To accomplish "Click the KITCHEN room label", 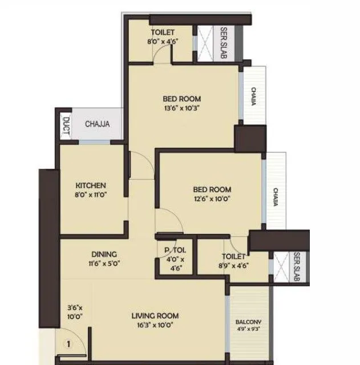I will [x=91, y=185].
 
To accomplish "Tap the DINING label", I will [x=104, y=254].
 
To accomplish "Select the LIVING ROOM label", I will [x=155, y=315].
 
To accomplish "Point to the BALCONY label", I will [x=248, y=322].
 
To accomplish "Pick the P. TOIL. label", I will [x=172, y=250].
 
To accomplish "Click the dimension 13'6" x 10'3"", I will [x=181, y=107].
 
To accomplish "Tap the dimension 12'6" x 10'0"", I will [x=212, y=198].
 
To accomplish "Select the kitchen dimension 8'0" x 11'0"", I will [x=91, y=194].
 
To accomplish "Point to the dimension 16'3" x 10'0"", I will [x=155, y=325].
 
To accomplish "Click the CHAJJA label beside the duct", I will [x=97, y=124].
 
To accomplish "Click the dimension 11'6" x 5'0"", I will [x=104, y=263].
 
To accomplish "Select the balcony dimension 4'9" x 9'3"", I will [x=248, y=329].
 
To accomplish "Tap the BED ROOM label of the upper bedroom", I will [x=181, y=98].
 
